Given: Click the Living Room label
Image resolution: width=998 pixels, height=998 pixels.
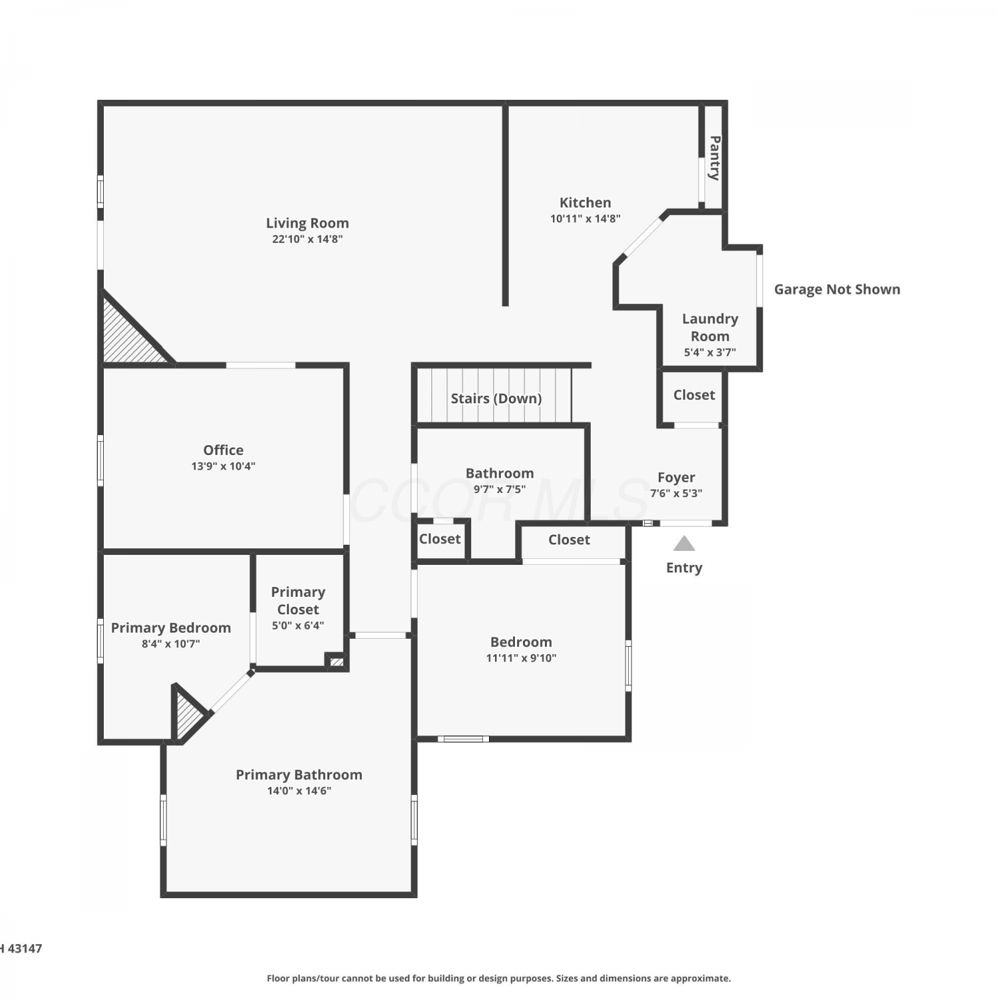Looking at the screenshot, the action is tap(307, 224).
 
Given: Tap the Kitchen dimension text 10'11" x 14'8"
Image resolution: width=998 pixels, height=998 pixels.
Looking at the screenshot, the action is tap(585, 219).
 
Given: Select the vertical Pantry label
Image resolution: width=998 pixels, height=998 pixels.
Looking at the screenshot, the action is tap(715, 158).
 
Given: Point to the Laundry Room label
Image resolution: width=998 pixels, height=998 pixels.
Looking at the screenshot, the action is tap(710, 327).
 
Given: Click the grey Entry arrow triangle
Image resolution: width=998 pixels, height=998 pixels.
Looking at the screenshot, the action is tap(684, 544).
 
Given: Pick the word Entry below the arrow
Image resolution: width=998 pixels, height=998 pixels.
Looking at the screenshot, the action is tap(684, 568).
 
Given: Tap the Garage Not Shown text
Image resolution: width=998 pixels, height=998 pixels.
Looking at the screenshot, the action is tap(837, 289).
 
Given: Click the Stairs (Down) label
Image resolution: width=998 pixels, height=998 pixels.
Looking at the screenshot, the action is tap(496, 399).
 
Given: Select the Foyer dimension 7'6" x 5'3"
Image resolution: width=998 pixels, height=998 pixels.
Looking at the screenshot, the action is tap(676, 494).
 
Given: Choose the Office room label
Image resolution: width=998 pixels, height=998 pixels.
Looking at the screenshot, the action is tap(224, 450).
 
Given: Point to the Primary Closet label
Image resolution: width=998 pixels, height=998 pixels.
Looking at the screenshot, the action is tap(298, 601).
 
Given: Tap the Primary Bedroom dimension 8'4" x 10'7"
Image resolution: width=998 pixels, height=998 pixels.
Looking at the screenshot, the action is tap(171, 644).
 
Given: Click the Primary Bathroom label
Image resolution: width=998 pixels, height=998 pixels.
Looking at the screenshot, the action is tap(299, 775).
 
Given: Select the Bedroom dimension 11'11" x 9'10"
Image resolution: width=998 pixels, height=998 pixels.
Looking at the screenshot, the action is tap(522, 659).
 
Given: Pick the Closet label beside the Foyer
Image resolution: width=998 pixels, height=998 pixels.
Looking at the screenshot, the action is tap(694, 395).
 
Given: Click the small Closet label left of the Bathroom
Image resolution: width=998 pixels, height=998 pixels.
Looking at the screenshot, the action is tap(440, 539).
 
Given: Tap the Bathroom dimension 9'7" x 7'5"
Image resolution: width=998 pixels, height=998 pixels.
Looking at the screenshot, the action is tap(500, 490).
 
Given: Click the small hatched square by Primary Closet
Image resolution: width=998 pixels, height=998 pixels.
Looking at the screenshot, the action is tap(337, 662).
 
